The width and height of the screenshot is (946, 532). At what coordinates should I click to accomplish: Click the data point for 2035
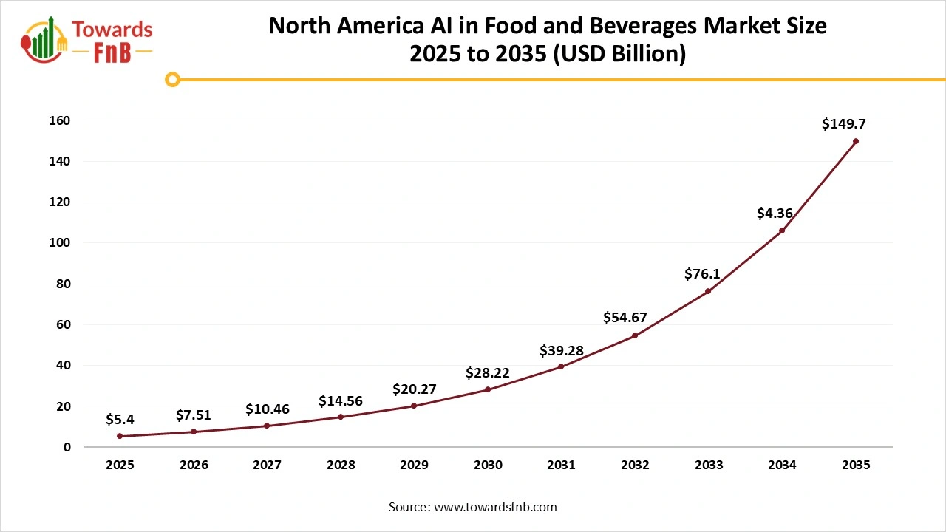click(856, 141)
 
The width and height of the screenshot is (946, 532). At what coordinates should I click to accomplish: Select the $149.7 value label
click(843, 123)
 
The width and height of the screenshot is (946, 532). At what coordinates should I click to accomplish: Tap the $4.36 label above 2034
click(775, 214)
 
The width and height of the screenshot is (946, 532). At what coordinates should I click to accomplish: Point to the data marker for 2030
click(488, 389)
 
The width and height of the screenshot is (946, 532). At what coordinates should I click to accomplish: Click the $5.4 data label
click(120, 420)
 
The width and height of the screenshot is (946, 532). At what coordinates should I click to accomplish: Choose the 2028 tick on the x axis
click(341, 465)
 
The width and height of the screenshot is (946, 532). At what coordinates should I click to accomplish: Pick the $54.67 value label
click(625, 318)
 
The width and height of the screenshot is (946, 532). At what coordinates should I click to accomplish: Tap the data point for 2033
click(708, 291)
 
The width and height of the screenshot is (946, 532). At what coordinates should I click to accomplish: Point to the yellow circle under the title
click(172, 79)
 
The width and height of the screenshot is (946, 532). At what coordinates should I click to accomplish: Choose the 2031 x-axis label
click(561, 465)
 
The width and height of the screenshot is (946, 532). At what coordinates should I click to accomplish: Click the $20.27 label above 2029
click(414, 389)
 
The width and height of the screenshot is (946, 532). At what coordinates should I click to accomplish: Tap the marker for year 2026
click(194, 432)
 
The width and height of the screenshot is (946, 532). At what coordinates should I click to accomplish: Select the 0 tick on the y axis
click(67, 447)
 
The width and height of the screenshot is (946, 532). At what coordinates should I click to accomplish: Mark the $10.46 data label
click(267, 409)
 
